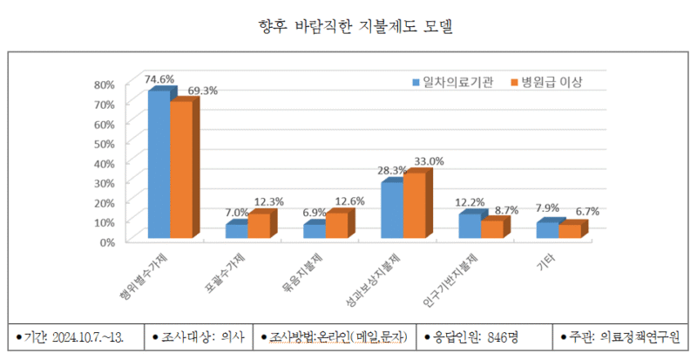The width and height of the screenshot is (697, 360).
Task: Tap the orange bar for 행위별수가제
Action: click(x=180, y=169)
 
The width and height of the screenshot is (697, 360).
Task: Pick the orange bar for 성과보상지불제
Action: click(x=415, y=205)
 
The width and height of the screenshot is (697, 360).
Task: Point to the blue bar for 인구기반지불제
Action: click(x=469, y=226)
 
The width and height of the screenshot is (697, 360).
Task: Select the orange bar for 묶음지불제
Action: click(x=335, y=225)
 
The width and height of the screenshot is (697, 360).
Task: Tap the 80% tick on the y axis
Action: click(x=104, y=85)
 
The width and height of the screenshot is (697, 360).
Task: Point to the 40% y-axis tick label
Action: click(x=104, y=163)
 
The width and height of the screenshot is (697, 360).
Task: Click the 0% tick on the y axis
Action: click(x=107, y=241)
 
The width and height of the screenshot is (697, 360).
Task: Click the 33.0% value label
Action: click(x=429, y=161)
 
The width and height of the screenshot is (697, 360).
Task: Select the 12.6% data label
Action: click(x=350, y=201)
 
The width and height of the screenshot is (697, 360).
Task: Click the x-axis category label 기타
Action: click(x=548, y=260)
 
